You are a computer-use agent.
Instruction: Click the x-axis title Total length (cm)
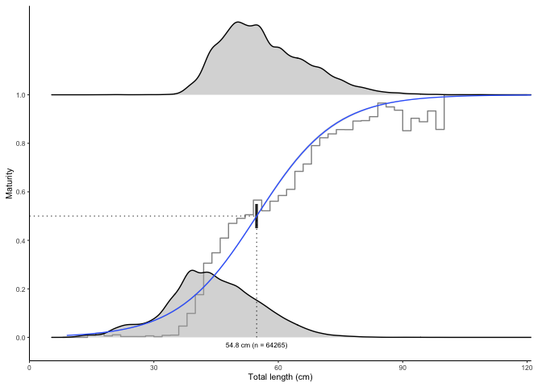280,377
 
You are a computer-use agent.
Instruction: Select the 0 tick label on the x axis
29,368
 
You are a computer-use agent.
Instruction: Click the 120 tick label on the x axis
527,368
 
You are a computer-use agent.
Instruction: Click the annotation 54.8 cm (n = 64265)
256,345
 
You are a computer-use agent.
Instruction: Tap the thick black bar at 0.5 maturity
256,216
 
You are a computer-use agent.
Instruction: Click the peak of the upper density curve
239,23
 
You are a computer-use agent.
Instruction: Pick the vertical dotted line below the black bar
256,282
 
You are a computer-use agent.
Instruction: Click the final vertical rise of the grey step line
444,111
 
